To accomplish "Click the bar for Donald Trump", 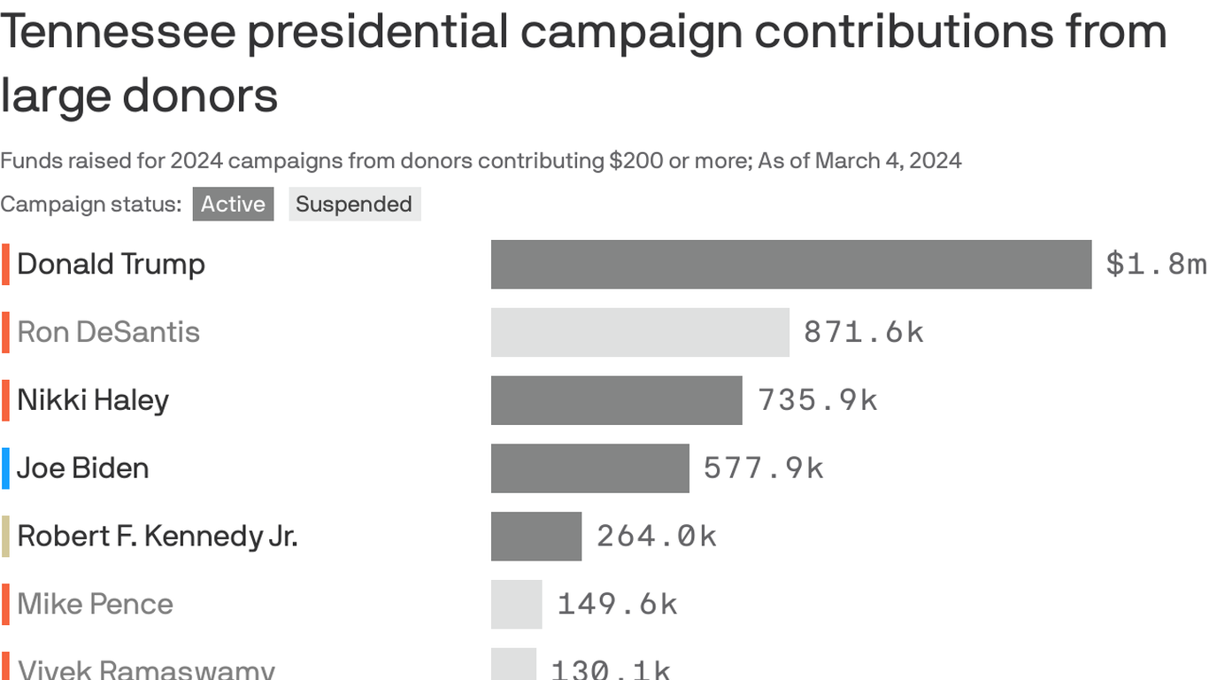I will [x=790, y=264].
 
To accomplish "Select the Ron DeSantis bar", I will [x=639, y=332].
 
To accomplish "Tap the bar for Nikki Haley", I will [x=616, y=400].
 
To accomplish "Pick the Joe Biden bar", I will [x=589, y=468].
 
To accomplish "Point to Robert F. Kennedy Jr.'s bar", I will [x=535, y=537].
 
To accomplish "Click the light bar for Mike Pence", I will [x=516, y=605].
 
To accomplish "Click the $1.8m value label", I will [x=1155, y=264].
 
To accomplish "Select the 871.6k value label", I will [x=863, y=332].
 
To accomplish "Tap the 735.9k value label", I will [x=817, y=400].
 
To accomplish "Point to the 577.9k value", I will [x=763, y=468].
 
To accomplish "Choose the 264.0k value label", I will [x=656, y=537].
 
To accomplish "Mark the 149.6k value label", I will [x=617, y=605].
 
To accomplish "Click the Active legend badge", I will [x=233, y=205].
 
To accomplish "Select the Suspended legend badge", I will [x=354, y=205].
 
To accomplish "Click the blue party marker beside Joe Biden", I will [x=5, y=468].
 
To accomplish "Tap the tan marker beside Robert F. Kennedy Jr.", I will [x=5, y=537].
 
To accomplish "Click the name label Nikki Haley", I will [x=93, y=400].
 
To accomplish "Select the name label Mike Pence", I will [x=95, y=605].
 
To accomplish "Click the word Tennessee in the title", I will [x=118, y=32].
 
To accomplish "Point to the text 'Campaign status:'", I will [x=90, y=205].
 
